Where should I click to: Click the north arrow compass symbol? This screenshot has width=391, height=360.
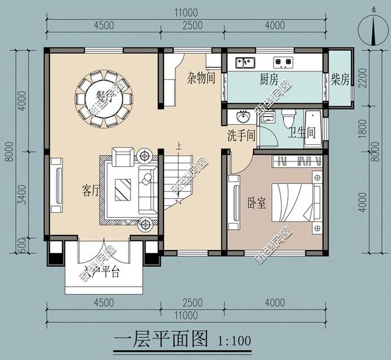(x=374, y=29)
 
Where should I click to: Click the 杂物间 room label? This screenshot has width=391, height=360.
(x=201, y=78)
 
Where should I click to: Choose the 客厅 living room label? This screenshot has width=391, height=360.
(x=90, y=190)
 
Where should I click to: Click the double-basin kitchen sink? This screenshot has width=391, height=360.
(x=246, y=61)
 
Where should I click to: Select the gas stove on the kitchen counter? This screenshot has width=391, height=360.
(x=282, y=61)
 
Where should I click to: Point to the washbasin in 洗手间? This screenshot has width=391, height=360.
(x=244, y=117)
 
